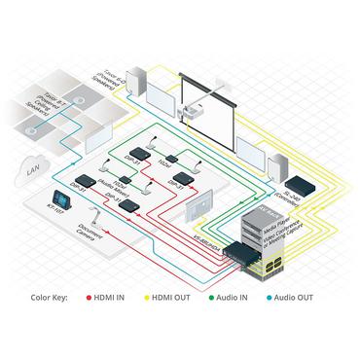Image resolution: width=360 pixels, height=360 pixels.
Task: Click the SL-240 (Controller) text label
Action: [x=303, y=168]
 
